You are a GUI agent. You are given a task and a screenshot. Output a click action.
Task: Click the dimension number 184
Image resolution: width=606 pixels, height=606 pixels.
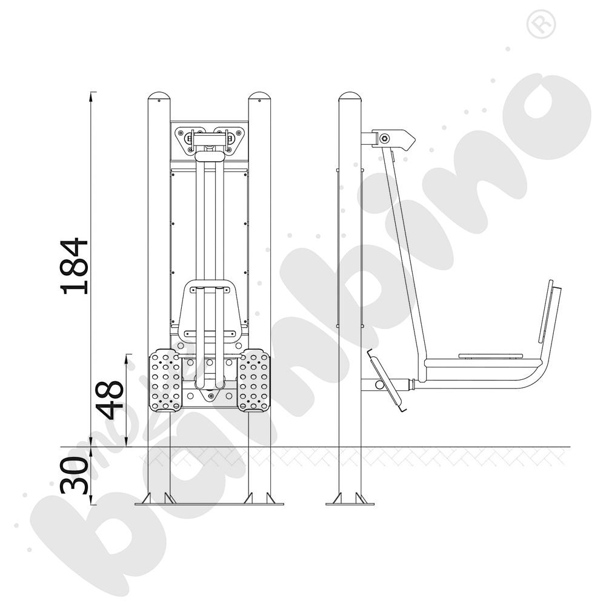(x=75, y=266)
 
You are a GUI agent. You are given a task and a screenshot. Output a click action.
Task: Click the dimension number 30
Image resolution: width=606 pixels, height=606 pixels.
(x=74, y=475)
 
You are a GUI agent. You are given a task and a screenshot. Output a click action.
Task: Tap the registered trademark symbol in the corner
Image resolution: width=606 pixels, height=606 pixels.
(x=541, y=24)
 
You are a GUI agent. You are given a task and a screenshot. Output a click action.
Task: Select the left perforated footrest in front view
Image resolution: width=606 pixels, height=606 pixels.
(x=165, y=380)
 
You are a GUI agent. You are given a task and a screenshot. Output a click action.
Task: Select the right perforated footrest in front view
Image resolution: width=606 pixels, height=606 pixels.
(x=253, y=380)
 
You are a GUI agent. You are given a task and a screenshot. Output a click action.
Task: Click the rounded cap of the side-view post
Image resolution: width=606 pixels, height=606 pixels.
(x=350, y=96)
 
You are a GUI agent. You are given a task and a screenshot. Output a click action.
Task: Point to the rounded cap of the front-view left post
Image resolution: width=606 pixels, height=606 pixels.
(x=159, y=96)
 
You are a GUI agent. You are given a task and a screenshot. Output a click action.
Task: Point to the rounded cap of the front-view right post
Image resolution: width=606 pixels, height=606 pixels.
(x=259, y=96)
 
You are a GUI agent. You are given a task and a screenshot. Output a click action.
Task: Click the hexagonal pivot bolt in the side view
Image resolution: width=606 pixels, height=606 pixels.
(x=385, y=138)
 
